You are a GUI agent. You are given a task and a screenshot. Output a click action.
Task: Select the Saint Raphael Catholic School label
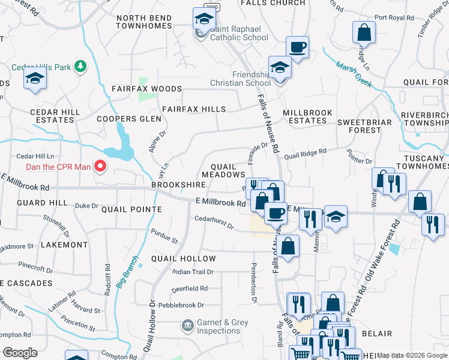click(238, 37)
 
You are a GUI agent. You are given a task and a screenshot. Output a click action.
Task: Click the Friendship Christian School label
click(240, 79)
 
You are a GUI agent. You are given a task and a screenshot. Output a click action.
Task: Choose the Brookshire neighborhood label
click(175, 185)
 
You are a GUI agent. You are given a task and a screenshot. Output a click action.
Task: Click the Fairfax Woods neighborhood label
click(146, 89)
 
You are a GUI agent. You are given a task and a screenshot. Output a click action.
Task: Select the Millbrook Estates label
click(304, 116)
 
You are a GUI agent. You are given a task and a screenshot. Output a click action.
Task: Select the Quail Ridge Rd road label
click(305, 154)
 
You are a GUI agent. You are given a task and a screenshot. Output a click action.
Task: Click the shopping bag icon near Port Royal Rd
click(364, 34)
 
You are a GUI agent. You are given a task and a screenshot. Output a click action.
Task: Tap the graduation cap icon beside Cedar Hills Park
click(35, 79)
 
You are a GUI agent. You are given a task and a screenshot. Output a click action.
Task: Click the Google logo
click(20, 352)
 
